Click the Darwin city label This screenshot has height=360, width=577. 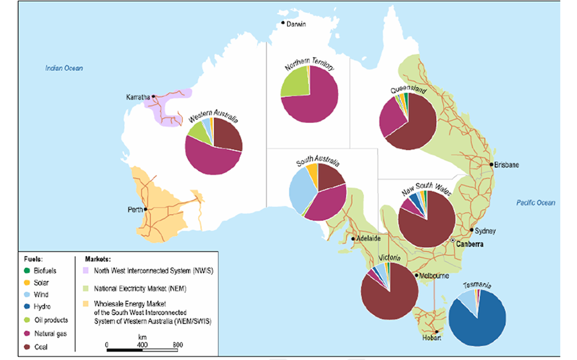pos(296,24)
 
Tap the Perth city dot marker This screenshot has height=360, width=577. pos(146,209)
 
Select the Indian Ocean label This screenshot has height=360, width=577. pos(64,68)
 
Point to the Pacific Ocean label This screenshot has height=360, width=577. pos(535,203)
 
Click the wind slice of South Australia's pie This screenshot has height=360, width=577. pos(301,192)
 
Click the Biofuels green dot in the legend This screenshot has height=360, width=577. pos(28,271)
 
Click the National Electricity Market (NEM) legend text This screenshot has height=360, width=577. pos(135,289)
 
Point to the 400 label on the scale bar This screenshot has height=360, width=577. pos(142,345)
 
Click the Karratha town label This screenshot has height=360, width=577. pos(138,97)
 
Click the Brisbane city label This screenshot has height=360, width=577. pos(506,165)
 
